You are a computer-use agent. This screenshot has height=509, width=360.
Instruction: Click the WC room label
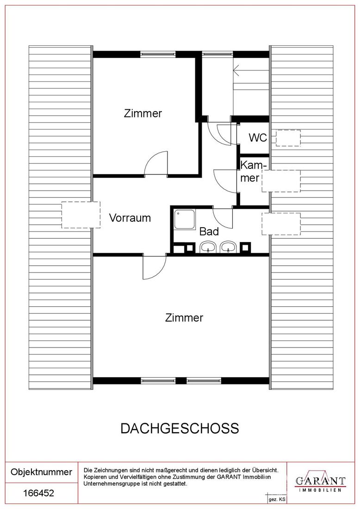(258, 137)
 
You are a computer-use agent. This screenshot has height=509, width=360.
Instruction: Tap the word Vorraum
(130, 217)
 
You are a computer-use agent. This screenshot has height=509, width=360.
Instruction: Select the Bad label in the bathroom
(209, 231)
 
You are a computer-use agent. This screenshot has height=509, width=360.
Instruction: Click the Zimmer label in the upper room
(143, 113)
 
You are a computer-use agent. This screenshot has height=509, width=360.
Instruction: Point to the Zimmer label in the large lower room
(184, 317)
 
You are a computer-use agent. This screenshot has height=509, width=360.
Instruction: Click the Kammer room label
(252, 172)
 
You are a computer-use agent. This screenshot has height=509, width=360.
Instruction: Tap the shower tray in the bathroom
(184, 219)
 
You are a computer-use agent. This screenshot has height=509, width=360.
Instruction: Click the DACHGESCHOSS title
(180, 428)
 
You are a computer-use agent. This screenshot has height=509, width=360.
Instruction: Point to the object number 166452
(39, 493)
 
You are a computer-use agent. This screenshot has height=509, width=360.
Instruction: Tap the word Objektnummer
(42, 472)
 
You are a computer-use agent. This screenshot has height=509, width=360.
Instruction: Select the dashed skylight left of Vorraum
(81, 215)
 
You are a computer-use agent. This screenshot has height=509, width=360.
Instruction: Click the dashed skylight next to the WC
(288, 138)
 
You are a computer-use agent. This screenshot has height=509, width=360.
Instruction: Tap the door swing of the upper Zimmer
(156, 164)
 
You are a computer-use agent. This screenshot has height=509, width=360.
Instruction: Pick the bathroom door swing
(223, 218)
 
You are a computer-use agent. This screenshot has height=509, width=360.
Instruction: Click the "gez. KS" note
(277, 500)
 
